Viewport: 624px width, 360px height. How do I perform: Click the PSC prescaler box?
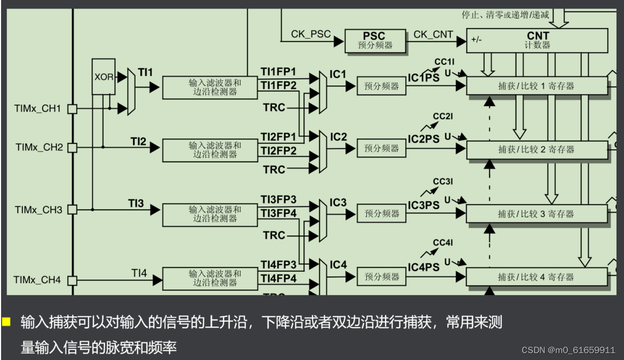375,40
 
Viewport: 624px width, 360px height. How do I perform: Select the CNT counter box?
537,40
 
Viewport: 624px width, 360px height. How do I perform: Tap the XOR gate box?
103,77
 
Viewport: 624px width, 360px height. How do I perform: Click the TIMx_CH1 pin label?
37,109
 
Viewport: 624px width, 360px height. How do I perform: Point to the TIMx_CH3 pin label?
37,210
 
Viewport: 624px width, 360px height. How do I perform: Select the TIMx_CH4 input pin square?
72,280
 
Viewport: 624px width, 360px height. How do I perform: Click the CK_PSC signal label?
310,35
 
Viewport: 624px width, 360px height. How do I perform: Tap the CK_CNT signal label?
433,35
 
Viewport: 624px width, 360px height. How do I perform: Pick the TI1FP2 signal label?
278,85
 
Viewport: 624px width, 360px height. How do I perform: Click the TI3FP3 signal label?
278,200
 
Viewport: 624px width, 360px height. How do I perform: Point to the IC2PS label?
424,139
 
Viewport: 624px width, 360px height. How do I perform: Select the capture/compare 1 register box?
536,86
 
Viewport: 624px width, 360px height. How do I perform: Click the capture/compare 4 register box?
536,277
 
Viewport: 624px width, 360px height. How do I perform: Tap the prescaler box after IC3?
381,213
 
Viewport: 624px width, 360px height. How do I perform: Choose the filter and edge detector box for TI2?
215,150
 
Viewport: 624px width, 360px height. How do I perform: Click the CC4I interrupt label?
442,243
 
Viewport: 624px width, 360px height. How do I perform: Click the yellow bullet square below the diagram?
6,322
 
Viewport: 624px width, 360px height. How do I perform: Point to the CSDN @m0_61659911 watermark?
568,350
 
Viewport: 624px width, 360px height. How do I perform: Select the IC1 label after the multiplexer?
338,73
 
